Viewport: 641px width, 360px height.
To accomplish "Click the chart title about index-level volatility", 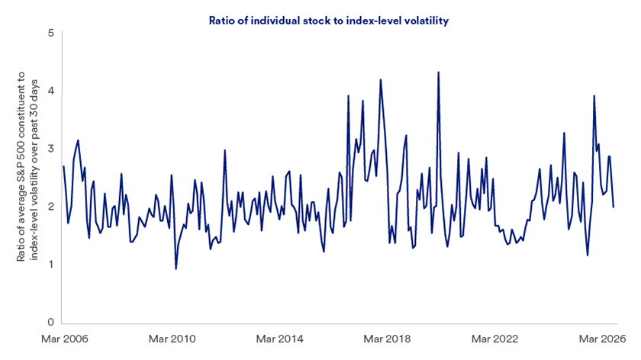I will [328, 21].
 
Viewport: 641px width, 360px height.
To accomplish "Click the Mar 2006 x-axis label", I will [63, 339].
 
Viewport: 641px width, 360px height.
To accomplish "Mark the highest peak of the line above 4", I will [438, 72].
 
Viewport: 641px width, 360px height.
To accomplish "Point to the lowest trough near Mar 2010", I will [176, 268].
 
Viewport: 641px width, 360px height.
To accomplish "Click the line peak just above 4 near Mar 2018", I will [380, 79].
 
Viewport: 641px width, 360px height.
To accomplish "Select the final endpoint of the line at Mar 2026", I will [614, 207].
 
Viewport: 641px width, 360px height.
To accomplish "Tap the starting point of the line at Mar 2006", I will [63, 166].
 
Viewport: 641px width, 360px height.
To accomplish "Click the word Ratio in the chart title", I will [221, 21].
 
